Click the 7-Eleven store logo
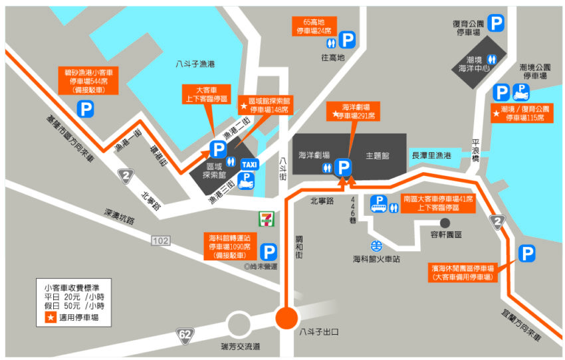[x=265, y=217]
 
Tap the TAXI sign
[x=249, y=164]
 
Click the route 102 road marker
[x=160, y=240]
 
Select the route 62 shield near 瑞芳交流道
[x=185, y=335]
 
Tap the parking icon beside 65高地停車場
[x=348, y=40]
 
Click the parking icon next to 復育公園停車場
[x=496, y=24]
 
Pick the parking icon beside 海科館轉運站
[x=269, y=252]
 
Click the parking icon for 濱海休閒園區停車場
[x=526, y=253]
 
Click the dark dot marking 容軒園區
[x=445, y=223]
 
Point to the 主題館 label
[x=377, y=155]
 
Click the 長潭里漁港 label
[x=432, y=155]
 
